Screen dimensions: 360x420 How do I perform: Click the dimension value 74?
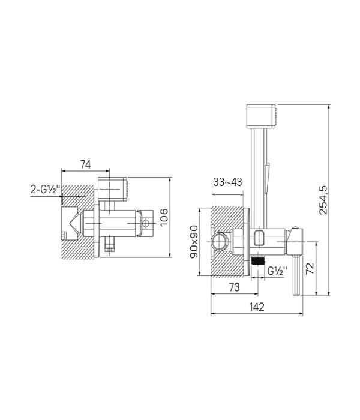pyautogui.click(x=85, y=164)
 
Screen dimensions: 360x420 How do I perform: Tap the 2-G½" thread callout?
pyautogui.click(x=45, y=190)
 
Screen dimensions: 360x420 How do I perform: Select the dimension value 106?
pyautogui.click(x=164, y=217)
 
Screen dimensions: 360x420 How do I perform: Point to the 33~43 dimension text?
pyautogui.click(x=227, y=182)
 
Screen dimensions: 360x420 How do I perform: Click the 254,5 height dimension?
pyautogui.click(x=323, y=200)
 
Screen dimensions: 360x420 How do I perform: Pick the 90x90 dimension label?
pyautogui.click(x=194, y=242)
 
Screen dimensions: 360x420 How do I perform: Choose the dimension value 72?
pyautogui.click(x=310, y=268)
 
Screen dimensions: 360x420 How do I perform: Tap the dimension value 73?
pyautogui.click(x=235, y=287)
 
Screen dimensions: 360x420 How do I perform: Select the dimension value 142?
pyautogui.click(x=257, y=307)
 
